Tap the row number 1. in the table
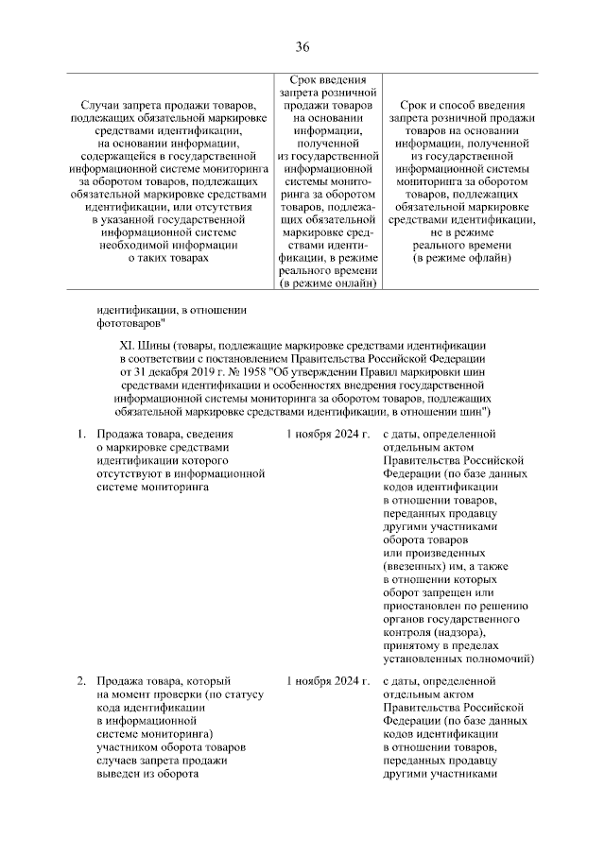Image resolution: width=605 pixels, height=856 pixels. (x=82, y=434)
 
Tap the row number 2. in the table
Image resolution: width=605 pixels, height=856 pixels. (x=82, y=680)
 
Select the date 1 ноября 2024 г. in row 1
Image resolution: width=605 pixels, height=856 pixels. (x=326, y=434)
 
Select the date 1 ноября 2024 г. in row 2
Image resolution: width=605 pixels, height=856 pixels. (x=326, y=680)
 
